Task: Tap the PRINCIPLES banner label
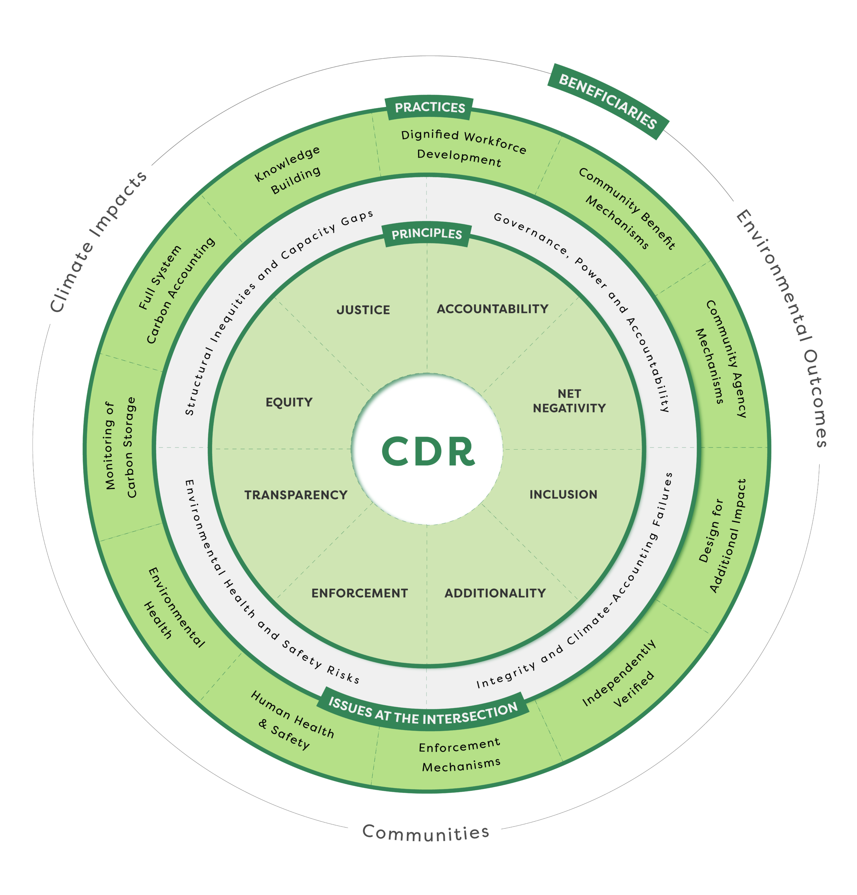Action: click(x=427, y=234)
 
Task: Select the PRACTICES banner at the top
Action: click(x=429, y=108)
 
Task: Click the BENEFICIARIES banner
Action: click(x=608, y=101)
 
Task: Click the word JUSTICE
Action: click(x=363, y=310)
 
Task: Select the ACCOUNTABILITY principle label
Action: click(x=492, y=309)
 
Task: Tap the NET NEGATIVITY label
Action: click(x=569, y=401)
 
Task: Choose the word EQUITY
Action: click(x=289, y=402)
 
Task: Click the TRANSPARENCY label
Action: click(x=296, y=495)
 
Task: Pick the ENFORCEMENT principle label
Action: click(x=359, y=593)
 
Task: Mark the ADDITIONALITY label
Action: click(x=495, y=593)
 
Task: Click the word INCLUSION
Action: click(x=563, y=495)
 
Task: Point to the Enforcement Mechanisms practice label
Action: click(x=460, y=756)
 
